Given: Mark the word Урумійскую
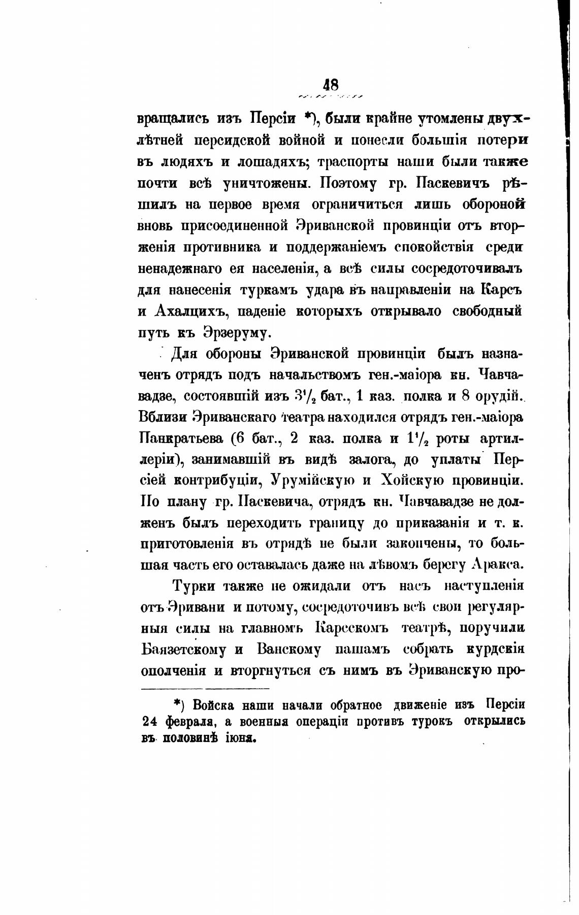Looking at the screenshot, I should click(318, 480).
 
